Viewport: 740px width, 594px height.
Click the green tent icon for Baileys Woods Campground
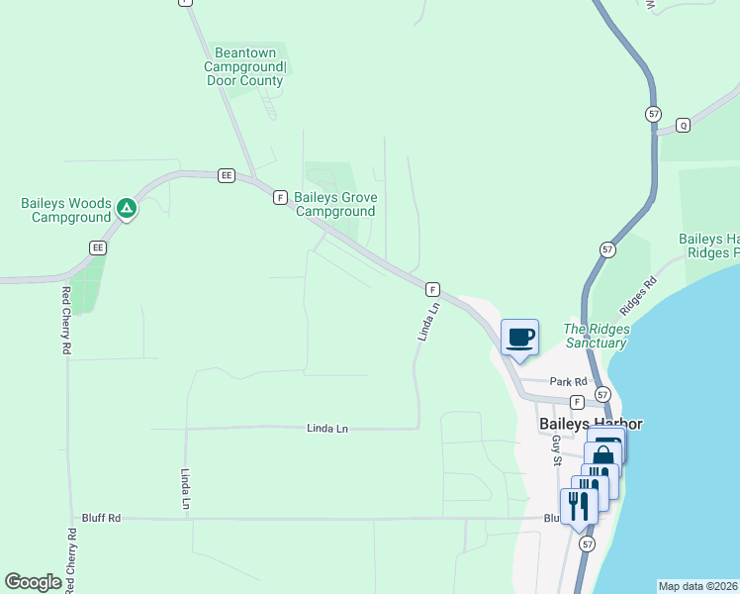pos(126,208)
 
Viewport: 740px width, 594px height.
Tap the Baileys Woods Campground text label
pos(65,210)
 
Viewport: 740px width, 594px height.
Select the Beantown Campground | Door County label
pos(244,65)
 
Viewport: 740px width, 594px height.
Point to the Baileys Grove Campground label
pos(335,204)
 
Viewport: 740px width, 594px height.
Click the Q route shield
pos(682,125)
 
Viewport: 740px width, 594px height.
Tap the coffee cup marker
pos(520,339)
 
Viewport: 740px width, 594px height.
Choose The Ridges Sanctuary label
pos(596,336)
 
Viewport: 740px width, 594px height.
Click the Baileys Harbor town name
pos(591,424)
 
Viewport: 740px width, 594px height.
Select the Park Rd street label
pos(569,381)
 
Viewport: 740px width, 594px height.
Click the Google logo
pos(34,582)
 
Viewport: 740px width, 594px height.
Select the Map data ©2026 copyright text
pos(698,585)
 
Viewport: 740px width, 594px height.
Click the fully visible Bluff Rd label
pos(101,518)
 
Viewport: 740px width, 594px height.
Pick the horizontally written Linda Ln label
pos(327,429)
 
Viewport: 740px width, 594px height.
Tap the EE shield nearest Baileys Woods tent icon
pos(97,247)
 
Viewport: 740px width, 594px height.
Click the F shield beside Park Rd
pos(577,402)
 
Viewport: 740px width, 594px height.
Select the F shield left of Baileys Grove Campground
pos(280,198)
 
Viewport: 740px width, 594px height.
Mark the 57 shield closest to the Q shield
pos(654,115)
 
